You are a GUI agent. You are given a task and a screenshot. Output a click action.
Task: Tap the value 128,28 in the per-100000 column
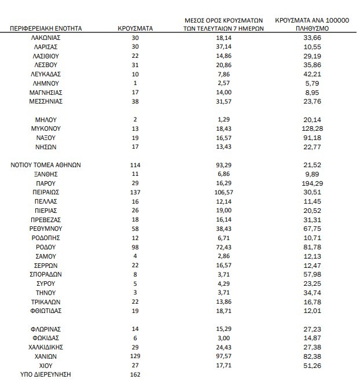[312, 128]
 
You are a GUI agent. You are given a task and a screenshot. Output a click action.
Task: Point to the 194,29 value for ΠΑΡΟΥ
[312, 183]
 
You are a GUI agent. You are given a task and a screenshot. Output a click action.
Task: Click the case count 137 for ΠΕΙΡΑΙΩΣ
[135, 192]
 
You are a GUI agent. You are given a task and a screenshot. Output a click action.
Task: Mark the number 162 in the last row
[135, 375]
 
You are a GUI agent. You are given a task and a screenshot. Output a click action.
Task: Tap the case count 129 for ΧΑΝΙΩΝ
[135, 356]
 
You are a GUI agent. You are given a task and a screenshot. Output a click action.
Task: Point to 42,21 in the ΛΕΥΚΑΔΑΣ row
[312, 73]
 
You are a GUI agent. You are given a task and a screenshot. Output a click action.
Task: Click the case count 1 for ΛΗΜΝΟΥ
[135, 83]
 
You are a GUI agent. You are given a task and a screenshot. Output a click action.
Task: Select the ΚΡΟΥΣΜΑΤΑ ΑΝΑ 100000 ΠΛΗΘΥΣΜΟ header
[312, 23]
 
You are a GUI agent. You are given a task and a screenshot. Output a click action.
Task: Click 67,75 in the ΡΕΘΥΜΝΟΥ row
[312, 229]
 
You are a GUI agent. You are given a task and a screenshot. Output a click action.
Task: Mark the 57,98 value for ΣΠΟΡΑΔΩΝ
[312, 274]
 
